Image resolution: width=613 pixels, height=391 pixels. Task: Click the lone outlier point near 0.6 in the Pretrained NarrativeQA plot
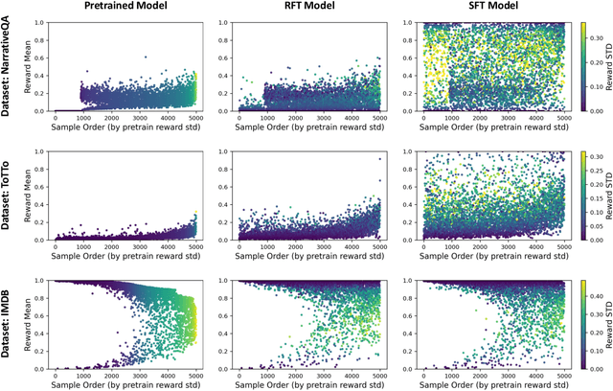click(145, 57)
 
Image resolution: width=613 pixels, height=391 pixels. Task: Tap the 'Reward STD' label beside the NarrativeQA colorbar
click(606, 65)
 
